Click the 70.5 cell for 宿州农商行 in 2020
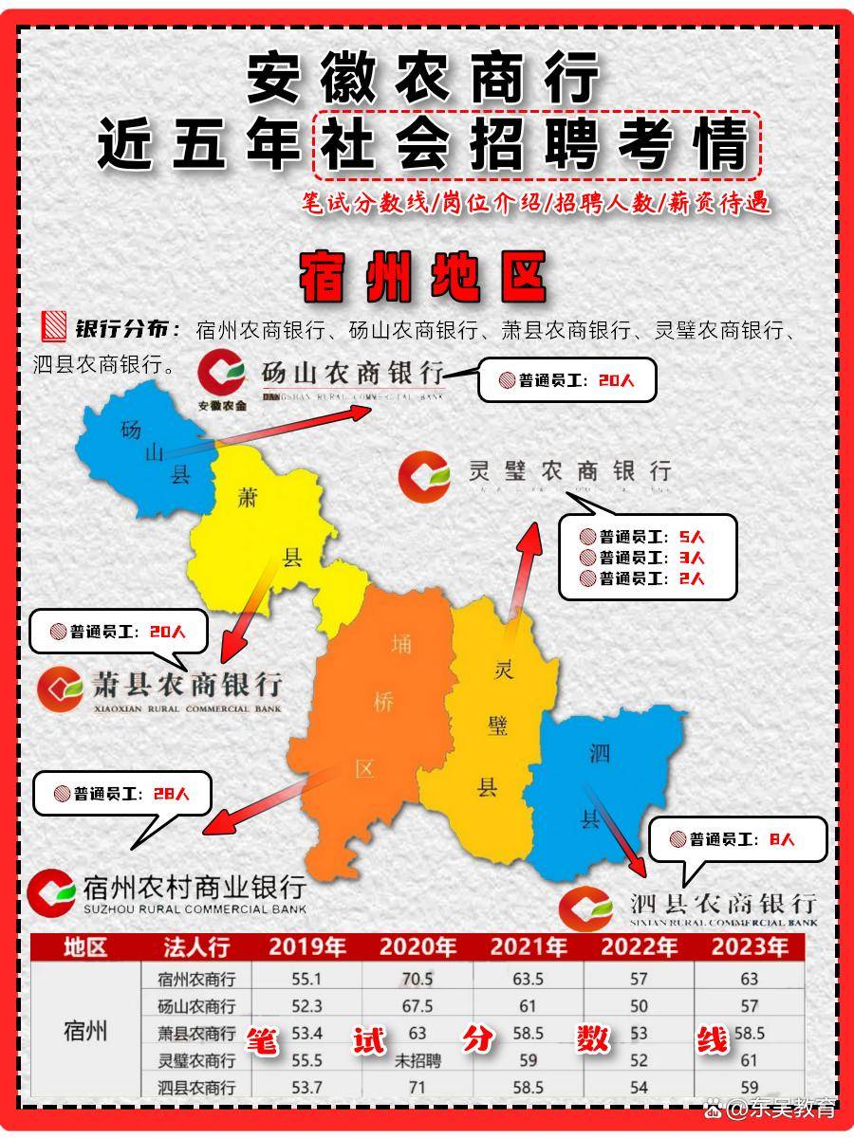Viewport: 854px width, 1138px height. pyautogui.click(x=418, y=980)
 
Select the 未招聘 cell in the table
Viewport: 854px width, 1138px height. pyautogui.click(x=418, y=1061)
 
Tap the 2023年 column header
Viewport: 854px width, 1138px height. pyautogui.click(x=750, y=946)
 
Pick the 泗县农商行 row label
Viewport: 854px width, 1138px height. pyautogui.click(x=196, y=1088)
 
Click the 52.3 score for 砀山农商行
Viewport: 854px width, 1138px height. pyautogui.click(x=306, y=1006)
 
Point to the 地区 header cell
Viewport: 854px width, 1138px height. pyautogui.click(x=85, y=946)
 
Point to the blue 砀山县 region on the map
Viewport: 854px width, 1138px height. pyautogui.click(x=147, y=450)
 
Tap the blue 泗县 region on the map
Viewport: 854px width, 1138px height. pyautogui.click(x=607, y=778)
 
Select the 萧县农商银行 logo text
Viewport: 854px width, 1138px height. pyautogui.click(x=186, y=685)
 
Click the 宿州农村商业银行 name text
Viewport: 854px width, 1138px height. pyautogui.click(x=195, y=888)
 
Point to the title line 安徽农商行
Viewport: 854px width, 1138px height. pyautogui.click(x=423, y=78)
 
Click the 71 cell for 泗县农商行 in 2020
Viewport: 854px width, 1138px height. pyautogui.click(x=418, y=1088)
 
